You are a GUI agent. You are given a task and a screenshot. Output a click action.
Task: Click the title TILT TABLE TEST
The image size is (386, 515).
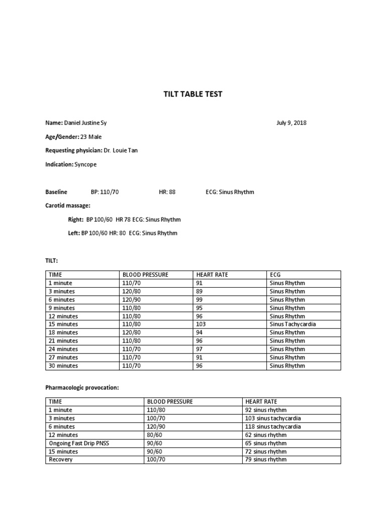[192, 94]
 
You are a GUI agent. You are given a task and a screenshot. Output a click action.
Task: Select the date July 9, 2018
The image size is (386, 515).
[292, 123]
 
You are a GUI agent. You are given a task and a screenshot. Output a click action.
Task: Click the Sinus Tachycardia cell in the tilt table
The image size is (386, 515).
[293, 324]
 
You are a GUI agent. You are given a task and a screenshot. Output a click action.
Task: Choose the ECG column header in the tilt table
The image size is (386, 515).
[275, 275]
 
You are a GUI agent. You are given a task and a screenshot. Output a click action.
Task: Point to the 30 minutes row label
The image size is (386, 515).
[63, 366]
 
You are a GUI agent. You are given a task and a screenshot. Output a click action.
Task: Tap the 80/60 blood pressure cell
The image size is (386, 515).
[154, 435]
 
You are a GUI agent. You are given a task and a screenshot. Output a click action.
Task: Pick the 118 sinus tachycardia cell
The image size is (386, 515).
[273, 426]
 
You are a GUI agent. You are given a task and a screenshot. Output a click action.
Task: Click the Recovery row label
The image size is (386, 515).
[61, 460]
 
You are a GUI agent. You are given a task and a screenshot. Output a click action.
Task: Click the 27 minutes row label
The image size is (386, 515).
[63, 358]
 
